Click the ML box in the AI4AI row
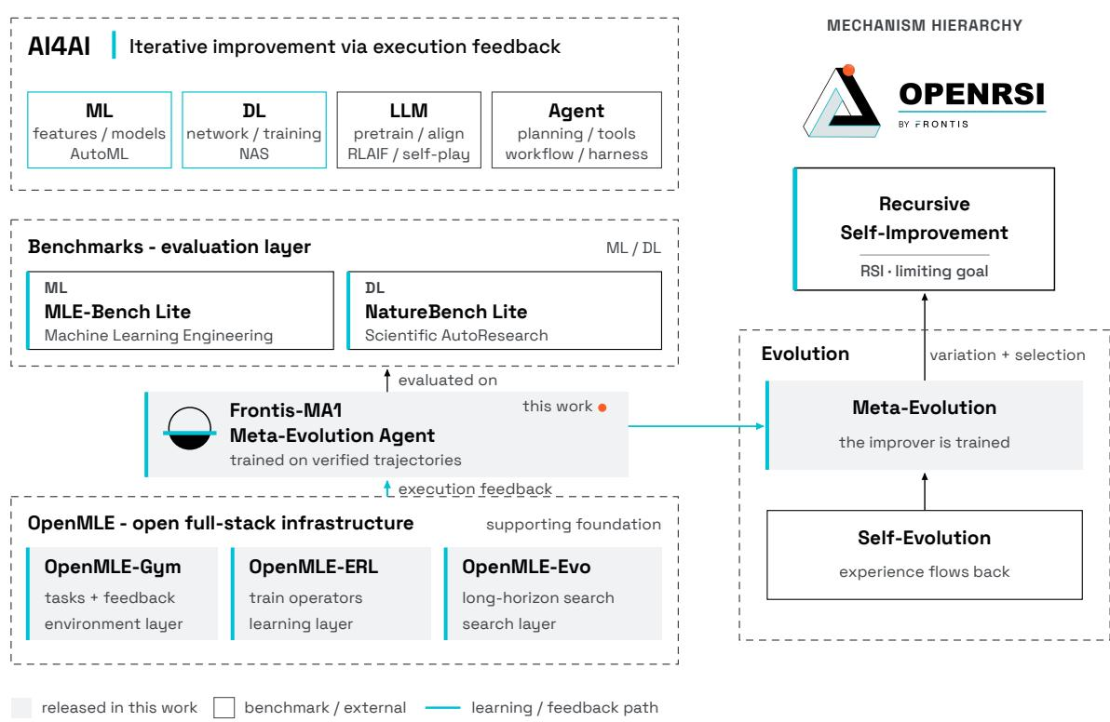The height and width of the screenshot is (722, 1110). (x=99, y=129)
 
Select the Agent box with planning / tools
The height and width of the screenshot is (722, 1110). (x=576, y=129)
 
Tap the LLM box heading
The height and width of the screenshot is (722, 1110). (x=409, y=111)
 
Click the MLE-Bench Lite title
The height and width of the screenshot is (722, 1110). (x=117, y=312)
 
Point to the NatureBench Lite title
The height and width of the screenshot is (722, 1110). (x=446, y=312)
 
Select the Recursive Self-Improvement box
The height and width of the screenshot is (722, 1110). (x=924, y=229)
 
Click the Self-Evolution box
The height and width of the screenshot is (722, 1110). (x=925, y=555)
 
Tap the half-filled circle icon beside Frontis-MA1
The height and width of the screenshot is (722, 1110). (x=189, y=429)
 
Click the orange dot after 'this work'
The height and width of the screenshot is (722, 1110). (x=602, y=408)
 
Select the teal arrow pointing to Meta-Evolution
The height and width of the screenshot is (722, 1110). (x=697, y=426)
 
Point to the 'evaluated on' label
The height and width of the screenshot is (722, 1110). (x=447, y=381)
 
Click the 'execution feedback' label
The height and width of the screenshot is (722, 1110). (x=475, y=489)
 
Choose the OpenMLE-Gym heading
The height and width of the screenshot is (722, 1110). (x=113, y=568)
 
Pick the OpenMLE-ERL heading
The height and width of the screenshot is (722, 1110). (x=314, y=568)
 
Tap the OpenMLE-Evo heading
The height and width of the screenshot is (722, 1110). (x=526, y=568)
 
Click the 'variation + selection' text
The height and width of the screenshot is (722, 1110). (x=1008, y=355)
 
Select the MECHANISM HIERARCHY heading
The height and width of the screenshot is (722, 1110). (x=925, y=25)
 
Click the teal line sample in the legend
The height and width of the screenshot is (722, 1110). (x=442, y=707)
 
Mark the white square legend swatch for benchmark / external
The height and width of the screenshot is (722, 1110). (x=223, y=707)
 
